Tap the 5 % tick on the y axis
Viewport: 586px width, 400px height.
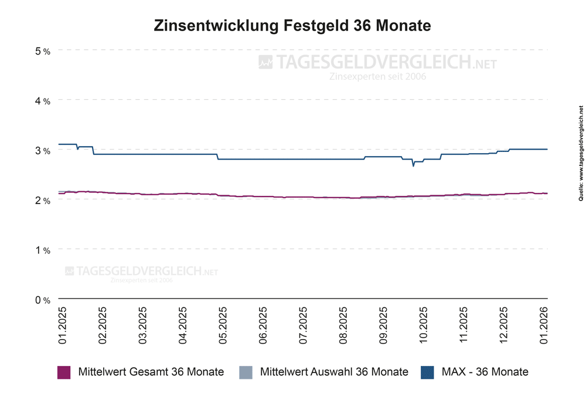tap(43, 51)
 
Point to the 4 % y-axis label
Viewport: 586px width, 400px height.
tap(43, 101)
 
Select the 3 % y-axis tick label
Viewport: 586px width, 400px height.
tap(43, 151)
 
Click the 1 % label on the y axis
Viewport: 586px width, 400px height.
tap(43, 250)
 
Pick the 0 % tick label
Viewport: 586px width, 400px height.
tap(43, 300)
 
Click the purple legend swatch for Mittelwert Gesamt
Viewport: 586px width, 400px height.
tap(64, 372)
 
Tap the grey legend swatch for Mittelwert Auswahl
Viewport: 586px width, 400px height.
tap(246, 372)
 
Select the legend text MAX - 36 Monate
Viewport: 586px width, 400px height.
tap(485, 372)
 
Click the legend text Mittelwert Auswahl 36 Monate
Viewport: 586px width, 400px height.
tap(333, 372)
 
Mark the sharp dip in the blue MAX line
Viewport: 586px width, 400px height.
tap(413, 165)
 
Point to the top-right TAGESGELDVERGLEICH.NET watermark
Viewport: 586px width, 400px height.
tap(378, 62)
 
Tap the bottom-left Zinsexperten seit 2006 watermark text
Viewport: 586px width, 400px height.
tap(141, 280)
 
